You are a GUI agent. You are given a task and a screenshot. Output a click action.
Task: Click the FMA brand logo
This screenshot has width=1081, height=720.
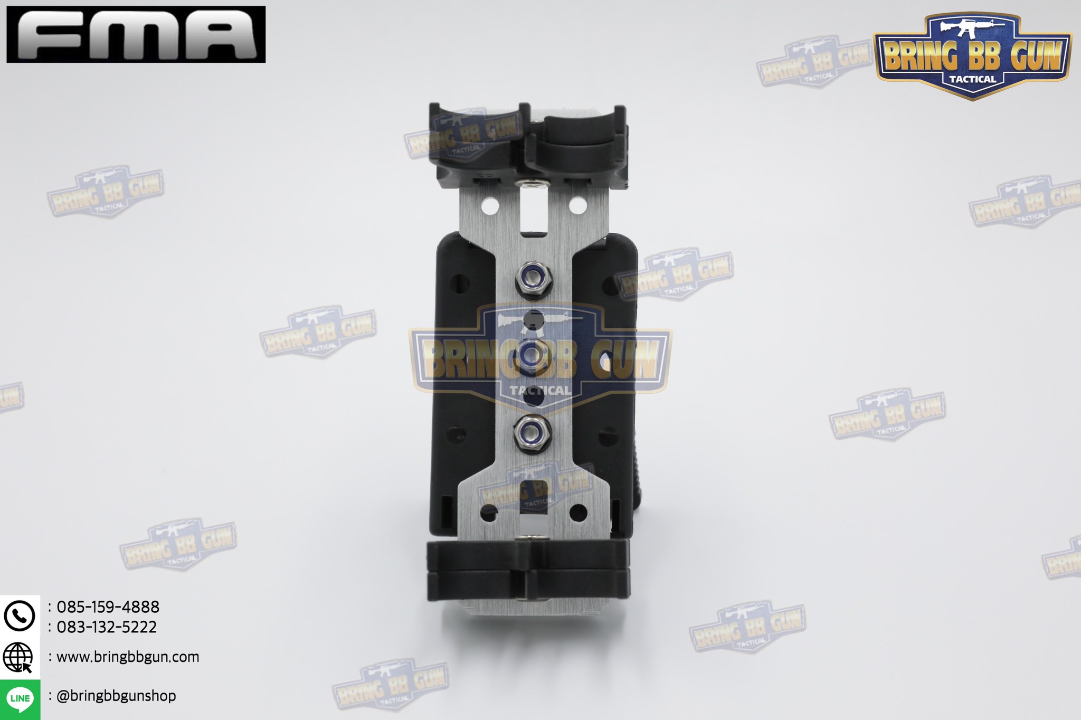[x=136, y=34]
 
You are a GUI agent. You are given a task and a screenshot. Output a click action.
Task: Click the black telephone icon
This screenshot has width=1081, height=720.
[x=20, y=615]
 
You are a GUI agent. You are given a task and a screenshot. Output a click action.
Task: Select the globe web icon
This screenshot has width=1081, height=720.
[x=18, y=658]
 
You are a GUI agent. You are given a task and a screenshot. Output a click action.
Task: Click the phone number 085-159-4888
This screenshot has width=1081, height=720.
[x=108, y=607]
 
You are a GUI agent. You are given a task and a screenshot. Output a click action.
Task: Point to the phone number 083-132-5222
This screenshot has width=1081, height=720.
[x=107, y=627]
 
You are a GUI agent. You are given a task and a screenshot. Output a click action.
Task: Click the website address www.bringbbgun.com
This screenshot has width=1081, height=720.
[x=128, y=657]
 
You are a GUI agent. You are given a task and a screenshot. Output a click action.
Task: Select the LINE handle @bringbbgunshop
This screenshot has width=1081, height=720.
[x=116, y=696]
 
